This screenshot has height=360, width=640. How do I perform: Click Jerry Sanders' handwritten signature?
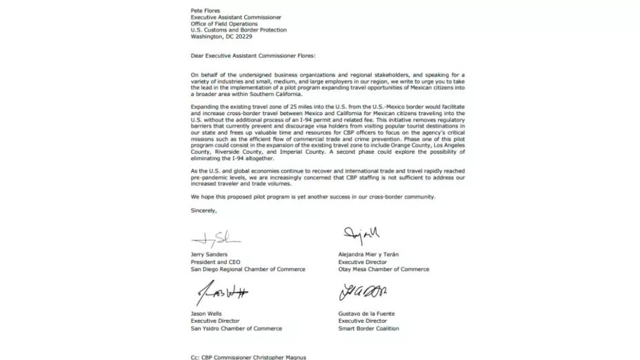pyautogui.click(x=215, y=238)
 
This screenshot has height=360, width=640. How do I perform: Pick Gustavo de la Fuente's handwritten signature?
pyautogui.click(x=363, y=292)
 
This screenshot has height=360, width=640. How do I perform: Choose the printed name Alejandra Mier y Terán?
pyautogui.click(x=368, y=254)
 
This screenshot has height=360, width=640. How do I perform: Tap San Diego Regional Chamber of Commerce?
pyautogui.click(x=248, y=270)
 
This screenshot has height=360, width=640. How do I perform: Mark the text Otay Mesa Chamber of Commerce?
pyautogui.click(x=383, y=270)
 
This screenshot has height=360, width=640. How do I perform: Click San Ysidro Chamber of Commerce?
pyautogui.click(x=237, y=328)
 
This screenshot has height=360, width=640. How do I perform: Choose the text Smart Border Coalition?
pyautogui.click(x=368, y=328)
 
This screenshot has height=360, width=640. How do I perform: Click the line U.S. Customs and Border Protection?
pyautogui.click(x=239, y=30)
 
